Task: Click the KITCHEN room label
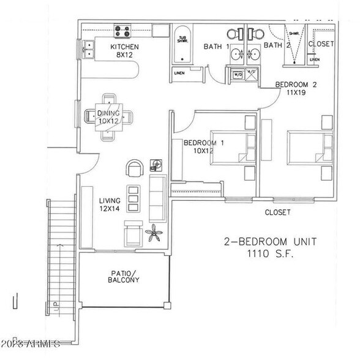click(125, 47)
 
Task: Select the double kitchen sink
click(88, 48)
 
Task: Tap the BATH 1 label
click(216, 46)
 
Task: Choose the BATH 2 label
click(276, 45)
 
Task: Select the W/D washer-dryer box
click(236, 75)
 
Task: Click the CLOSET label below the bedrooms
click(277, 212)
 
